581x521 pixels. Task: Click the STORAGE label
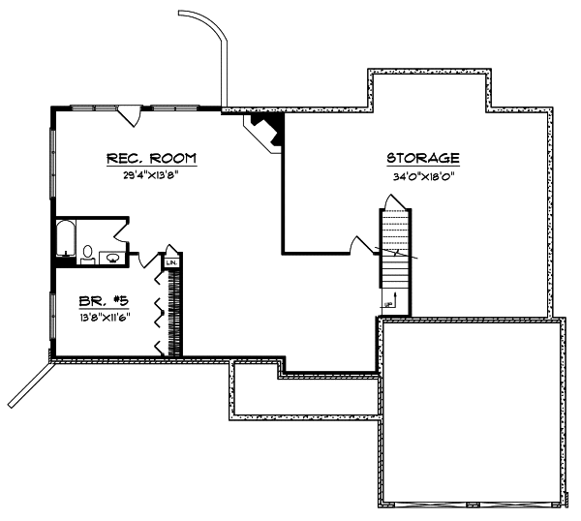422,158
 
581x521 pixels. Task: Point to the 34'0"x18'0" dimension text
422,176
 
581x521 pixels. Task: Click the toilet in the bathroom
88,254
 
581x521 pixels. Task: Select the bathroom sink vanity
111,257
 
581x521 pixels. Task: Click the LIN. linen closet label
172,262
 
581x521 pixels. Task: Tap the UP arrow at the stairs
389,304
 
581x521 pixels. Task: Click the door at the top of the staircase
392,201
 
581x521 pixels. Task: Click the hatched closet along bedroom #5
175,310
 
